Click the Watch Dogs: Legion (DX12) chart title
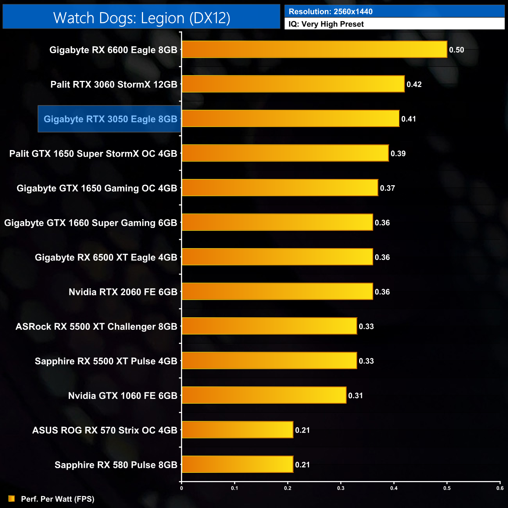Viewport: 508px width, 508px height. click(x=141, y=18)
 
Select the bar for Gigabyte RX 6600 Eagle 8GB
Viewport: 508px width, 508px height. click(x=314, y=50)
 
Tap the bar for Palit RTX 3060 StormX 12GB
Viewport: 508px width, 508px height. click(x=293, y=84)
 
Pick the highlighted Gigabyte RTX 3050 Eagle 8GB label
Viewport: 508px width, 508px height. click(x=110, y=119)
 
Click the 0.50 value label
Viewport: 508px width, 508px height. click(x=456, y=50)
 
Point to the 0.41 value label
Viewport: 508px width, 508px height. click(x=408, y=119)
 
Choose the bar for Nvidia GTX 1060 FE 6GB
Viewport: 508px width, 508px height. click(x=264, y=395)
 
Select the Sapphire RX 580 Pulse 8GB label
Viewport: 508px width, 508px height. click(x=116, y=465)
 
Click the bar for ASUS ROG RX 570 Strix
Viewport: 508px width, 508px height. click(x=237, y=430)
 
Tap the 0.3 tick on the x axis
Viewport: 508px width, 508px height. click(x=341, y=488)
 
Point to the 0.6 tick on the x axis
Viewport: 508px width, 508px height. click(x=500, y=488)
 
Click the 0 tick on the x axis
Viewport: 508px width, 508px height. click(x=181, y=488)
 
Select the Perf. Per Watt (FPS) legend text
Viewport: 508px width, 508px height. click(x=57, y=499)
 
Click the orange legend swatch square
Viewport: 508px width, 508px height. click(x=12, y=499)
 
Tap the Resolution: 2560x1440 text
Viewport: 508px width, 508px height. click(x=331, y=12)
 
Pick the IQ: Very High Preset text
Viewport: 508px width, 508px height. click(x=326, y=24)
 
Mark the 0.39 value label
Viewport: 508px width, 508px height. click(x=398, y=154)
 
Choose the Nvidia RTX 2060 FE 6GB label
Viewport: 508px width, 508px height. click(x=123, y=292)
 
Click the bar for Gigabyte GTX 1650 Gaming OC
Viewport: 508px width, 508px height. click(x=280, y=188)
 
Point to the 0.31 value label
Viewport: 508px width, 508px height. click(x=355, y=396)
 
